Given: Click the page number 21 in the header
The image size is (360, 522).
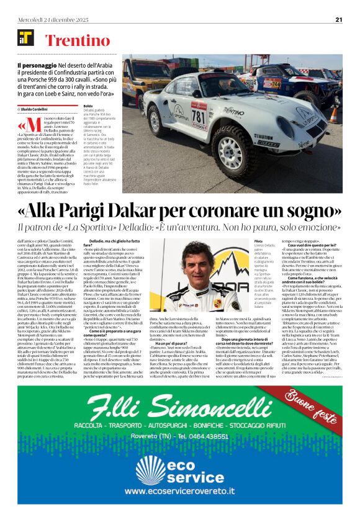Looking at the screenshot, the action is (x=338, y=19).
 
